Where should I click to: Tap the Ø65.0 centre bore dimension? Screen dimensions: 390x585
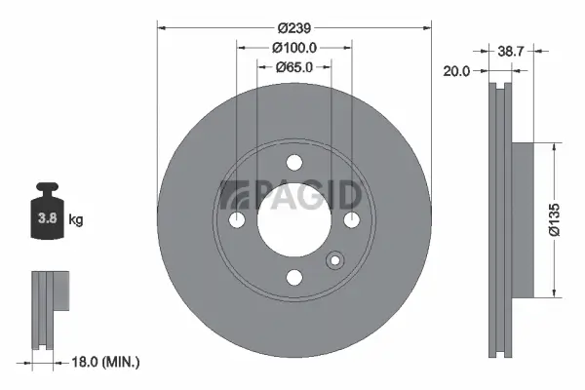coord(294,66)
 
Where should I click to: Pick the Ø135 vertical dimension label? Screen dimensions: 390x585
coord(557,219)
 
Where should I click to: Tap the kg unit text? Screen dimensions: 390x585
coord(76,219)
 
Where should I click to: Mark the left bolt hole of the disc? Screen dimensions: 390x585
coord(238,220)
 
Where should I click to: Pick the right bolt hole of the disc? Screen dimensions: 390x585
coord(351,220)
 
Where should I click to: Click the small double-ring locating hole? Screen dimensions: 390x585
coord(335,260)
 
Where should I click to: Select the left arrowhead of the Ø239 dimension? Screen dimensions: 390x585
coord(162,27)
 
